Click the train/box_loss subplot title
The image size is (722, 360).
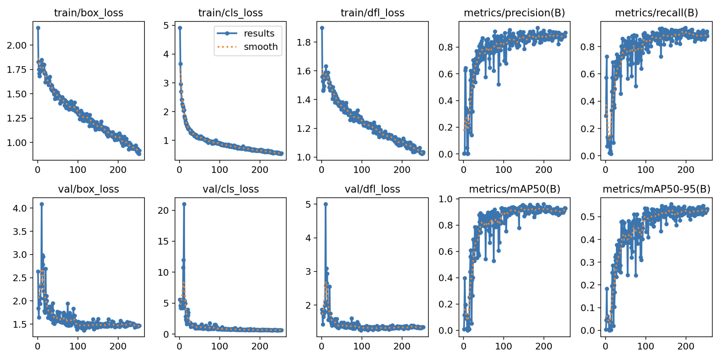(88, 13)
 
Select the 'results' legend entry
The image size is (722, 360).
(259, 33)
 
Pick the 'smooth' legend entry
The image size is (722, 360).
(260, 47)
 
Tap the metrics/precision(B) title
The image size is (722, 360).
(514, 13)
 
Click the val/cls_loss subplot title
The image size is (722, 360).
(230, 189)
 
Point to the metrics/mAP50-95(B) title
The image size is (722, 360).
(656, 189)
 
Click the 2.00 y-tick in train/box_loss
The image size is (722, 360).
(17, 45)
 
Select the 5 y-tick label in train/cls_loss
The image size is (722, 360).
(166, 25)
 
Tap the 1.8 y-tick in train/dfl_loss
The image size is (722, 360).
(304, 42)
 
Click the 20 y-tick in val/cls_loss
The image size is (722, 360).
(163, 211)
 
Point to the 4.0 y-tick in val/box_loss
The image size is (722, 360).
(19, 208)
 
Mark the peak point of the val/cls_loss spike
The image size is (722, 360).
(184, 204)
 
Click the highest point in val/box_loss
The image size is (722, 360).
(42, 204)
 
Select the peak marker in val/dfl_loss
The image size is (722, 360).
(325, 204)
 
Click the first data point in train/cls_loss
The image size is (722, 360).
(180, 28)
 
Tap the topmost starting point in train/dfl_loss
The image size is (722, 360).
(322, 28)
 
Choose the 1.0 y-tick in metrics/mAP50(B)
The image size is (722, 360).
(445, 199)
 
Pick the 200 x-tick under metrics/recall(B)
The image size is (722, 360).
(686, 169)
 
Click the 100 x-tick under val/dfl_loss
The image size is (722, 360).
(362, 346)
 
